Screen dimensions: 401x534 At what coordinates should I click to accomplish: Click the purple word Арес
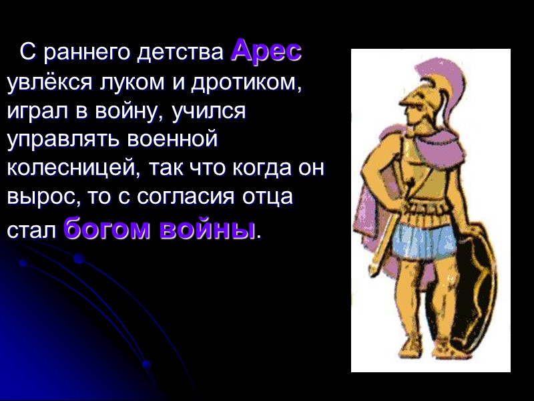(266, 51)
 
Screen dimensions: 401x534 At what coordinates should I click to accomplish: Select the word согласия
(184, 198)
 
